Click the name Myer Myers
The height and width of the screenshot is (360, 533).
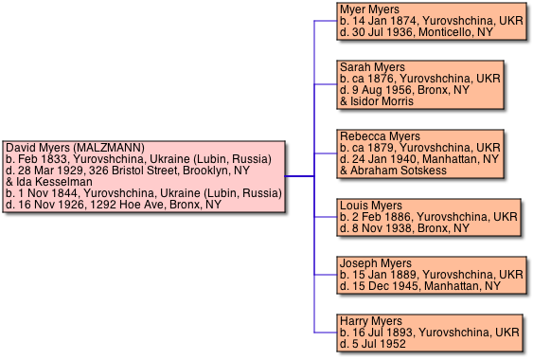369,9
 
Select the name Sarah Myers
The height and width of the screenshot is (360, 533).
372,67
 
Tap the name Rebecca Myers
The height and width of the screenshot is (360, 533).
380,136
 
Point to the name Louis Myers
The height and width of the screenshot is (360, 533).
371,206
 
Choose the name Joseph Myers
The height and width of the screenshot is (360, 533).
376,263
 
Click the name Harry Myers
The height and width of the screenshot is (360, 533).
371,321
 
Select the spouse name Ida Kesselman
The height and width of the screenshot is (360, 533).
54,182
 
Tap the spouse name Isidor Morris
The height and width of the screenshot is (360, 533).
382,101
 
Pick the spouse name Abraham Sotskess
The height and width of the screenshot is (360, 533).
399,171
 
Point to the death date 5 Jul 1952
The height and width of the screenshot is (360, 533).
379,344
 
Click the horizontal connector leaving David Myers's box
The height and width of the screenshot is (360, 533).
299,176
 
